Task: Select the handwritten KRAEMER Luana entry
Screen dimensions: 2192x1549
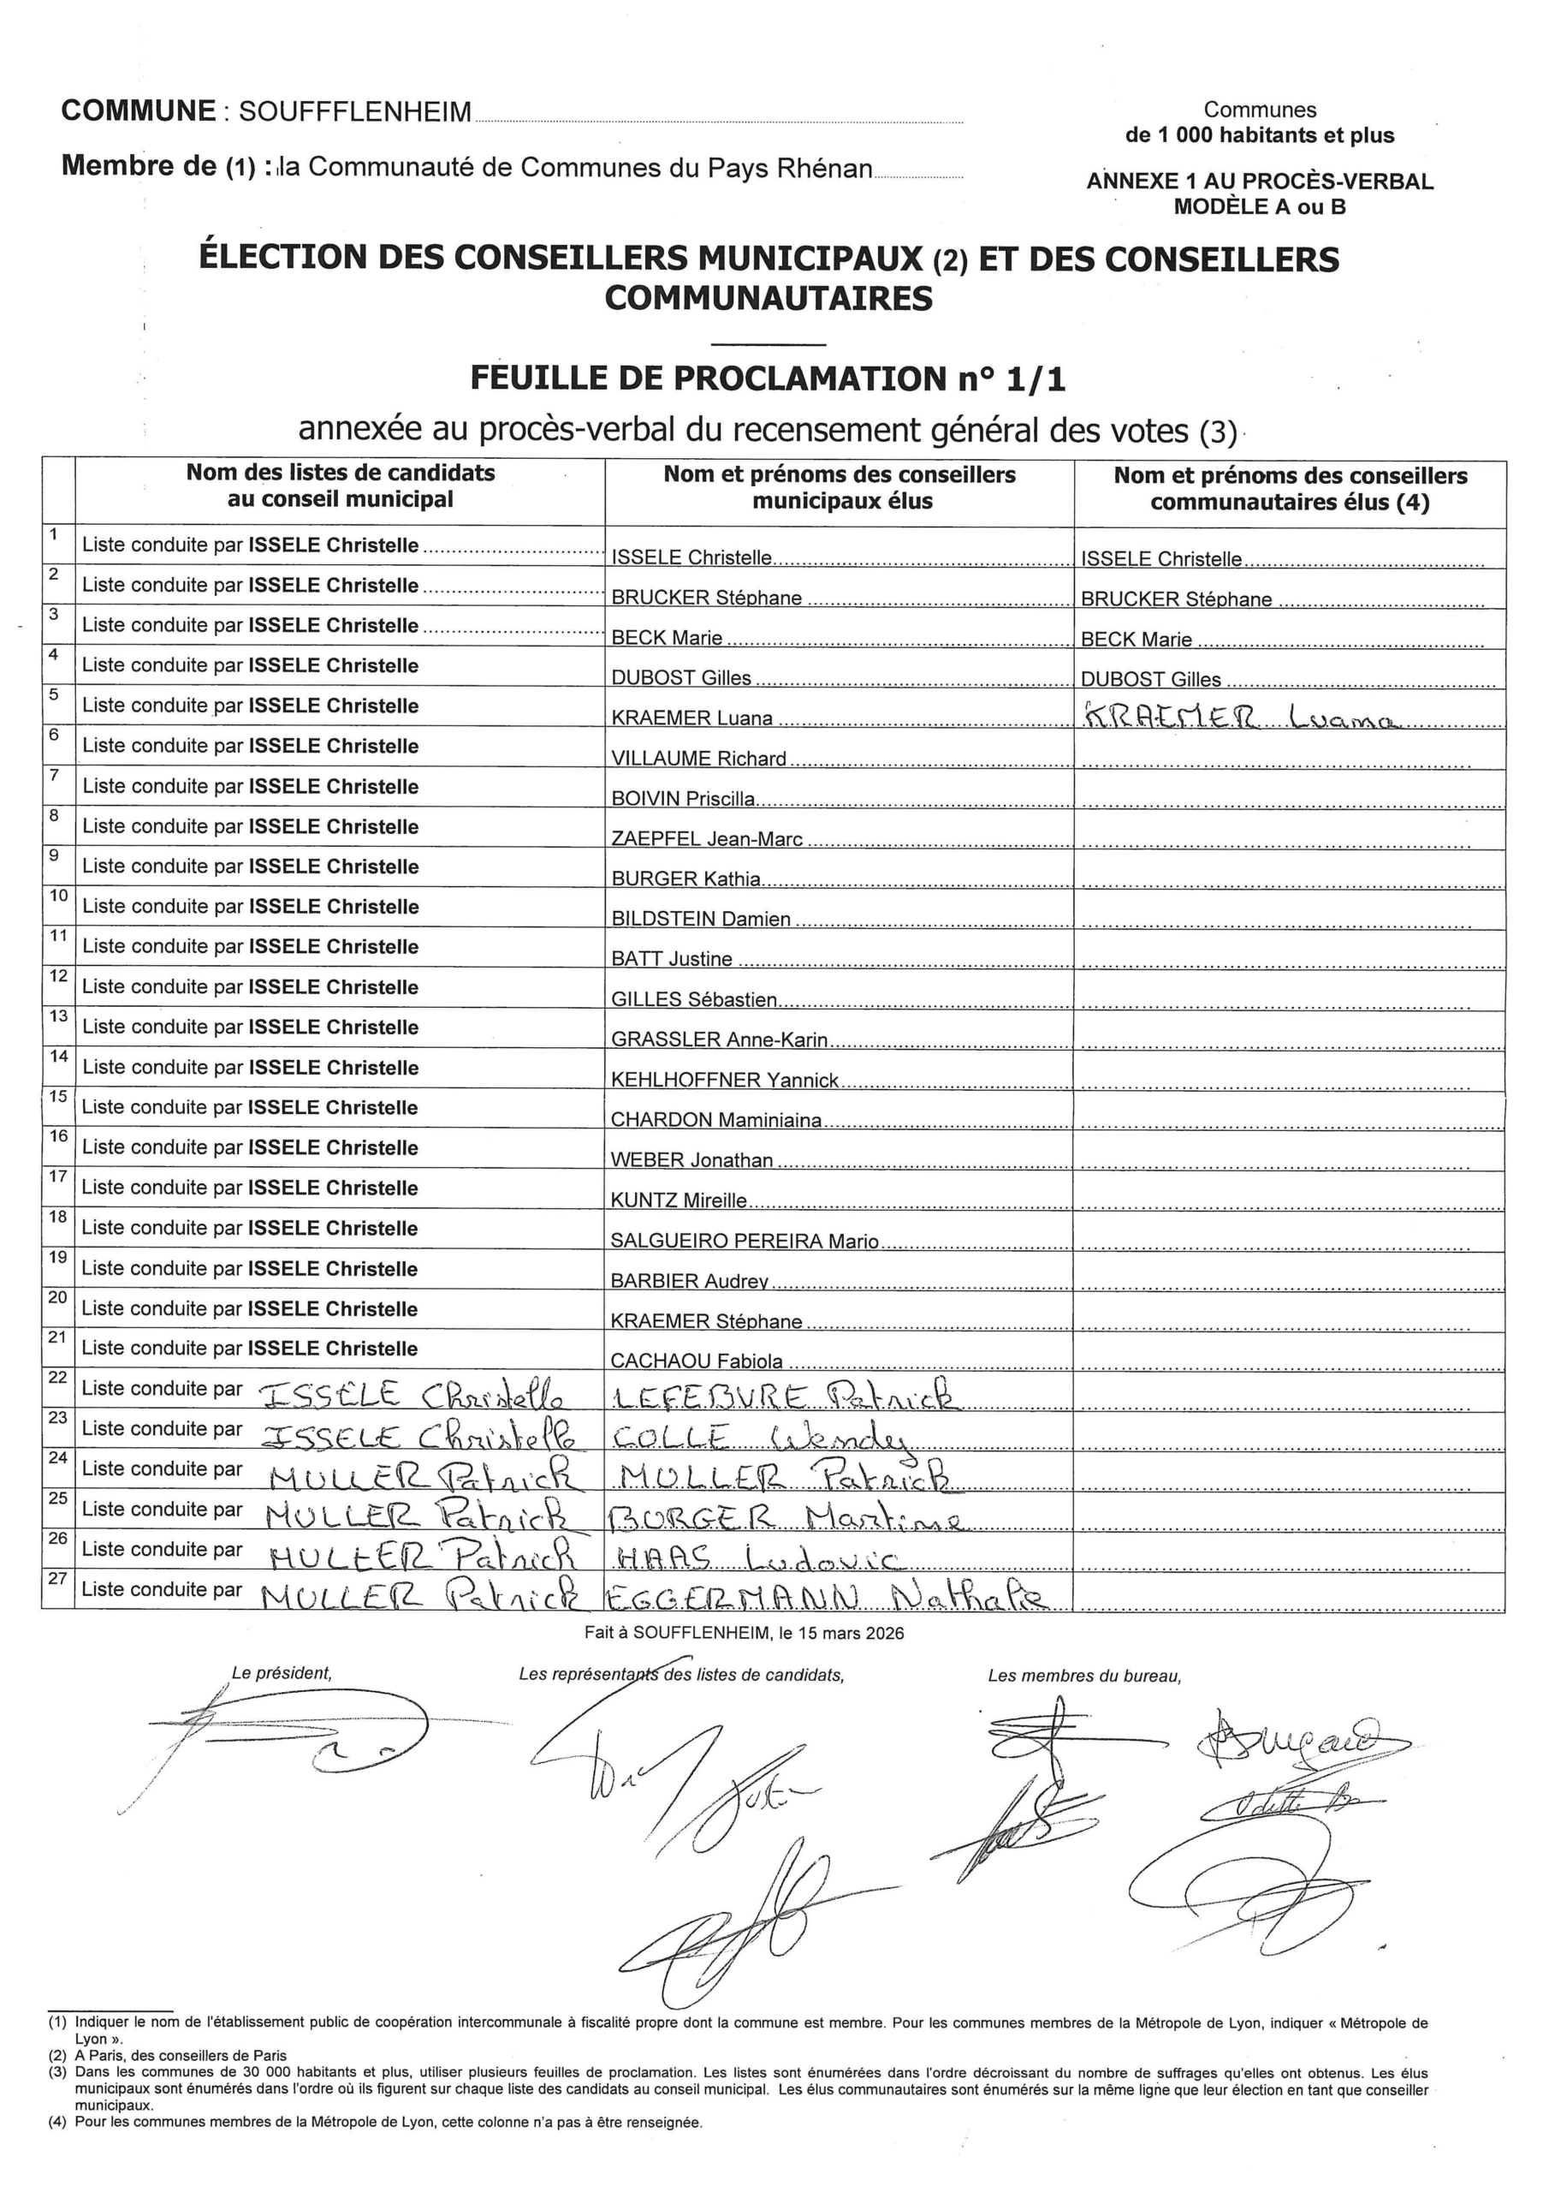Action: click(x=1240, y=717)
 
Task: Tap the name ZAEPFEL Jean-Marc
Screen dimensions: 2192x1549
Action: click(x=706, y=839)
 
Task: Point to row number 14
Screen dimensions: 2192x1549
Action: click(x=58, y=1056)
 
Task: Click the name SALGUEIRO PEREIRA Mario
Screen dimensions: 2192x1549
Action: click(x=745, y=1241)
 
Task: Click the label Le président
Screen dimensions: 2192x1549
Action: click(x=282, y=1674)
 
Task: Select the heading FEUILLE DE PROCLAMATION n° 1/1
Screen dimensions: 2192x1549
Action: click(x=768, y=379)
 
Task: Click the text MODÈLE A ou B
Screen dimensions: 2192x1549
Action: click(x=1259, y=207)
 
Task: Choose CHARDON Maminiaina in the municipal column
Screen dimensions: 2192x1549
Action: click(x=715, y=1120)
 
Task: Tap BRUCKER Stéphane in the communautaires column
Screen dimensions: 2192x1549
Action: click(x=1176, y=599)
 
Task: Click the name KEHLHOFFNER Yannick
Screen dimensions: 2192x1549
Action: click(x=724, y=1080)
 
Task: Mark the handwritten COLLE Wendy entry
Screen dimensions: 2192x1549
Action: click(x=759, y=1438)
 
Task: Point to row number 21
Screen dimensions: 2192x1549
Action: click(x=58, y=1337)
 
